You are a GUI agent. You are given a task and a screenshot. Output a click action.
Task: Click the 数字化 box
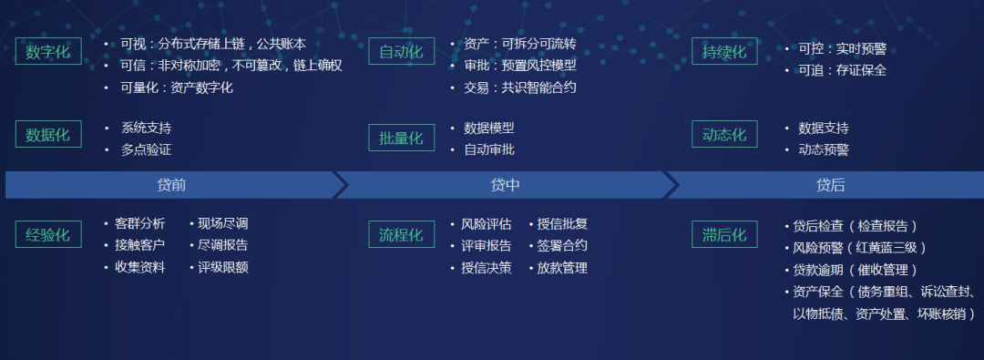coord(48,51)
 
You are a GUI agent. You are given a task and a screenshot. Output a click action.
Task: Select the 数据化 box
coord(48,134)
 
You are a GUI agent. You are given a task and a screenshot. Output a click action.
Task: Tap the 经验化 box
coord(48,234)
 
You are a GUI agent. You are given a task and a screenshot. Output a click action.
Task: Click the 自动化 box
coord(401,51)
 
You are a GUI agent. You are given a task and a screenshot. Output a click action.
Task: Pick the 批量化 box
coord(401,138)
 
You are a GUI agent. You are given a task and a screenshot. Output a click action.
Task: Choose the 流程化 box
coord(401,234)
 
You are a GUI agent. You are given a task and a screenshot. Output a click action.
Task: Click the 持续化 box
coord(724,51)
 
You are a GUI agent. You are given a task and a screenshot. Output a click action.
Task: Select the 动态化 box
coord(724,134)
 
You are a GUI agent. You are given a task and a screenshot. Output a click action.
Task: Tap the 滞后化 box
coord(724,234)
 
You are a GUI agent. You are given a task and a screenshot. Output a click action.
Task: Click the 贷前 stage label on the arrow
coord(171,185)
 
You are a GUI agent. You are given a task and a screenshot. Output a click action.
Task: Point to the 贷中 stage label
coord(505,185)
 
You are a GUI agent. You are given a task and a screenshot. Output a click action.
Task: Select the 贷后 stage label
coord(830,185)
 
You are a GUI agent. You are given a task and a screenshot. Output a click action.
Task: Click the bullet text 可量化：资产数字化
coord(177,87)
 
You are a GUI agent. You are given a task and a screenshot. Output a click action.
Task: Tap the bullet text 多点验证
coord(146,149)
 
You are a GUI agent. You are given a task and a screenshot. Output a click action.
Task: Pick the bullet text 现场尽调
coord(222,223)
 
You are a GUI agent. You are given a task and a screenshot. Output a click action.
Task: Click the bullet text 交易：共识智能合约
coord(519,87)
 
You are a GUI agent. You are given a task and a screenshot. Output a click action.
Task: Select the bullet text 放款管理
coord(562,268)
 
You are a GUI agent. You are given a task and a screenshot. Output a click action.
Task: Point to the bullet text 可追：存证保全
coord(842,70)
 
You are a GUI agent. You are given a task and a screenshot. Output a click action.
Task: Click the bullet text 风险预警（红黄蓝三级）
coord(859,248)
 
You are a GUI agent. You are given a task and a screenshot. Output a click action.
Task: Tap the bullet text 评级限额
coord(222,268)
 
